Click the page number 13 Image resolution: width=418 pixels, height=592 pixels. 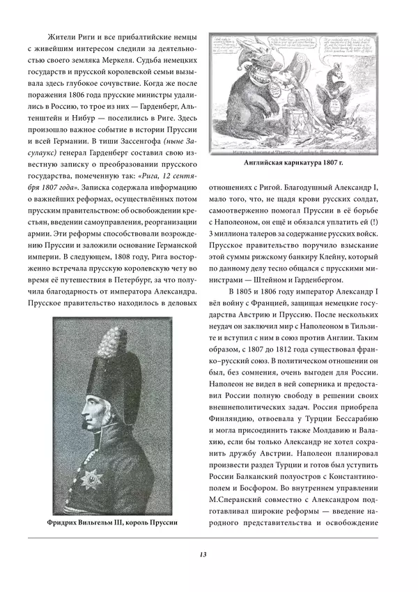[203, 554]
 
